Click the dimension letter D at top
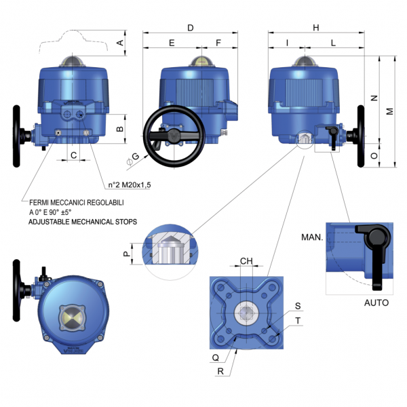tap(191, 28)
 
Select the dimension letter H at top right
tap(315, 28)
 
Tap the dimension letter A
tap(120, 43)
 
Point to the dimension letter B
tap(120, 128)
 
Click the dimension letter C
tap(73, 155)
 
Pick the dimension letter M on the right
tap(389, 111)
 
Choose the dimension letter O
tap(373, 155)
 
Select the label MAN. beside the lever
tap(311, 237)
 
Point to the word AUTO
tap(376, 303)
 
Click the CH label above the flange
tap(247, 260)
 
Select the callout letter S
tap(298, 306)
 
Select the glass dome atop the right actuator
tap(303, 61)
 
